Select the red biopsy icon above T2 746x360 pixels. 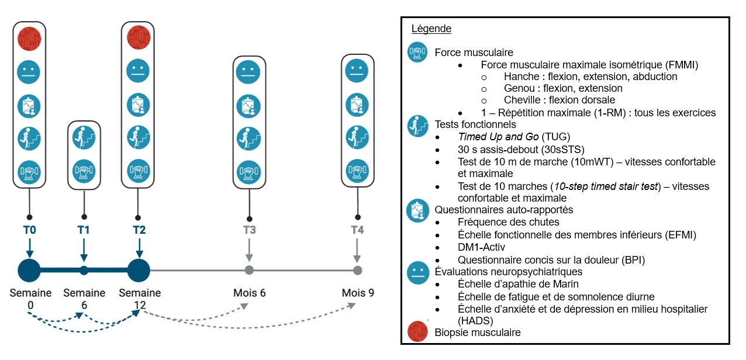[138, 38]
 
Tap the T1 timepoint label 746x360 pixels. [84, 230]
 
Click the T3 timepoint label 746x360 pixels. [249, 230]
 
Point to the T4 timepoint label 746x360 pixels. [357, 230]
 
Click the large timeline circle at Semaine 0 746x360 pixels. [29, 270]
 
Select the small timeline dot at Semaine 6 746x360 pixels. [84, 270]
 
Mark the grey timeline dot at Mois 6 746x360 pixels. [249, 270]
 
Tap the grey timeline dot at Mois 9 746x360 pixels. [357, 270]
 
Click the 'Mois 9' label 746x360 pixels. [358, 293]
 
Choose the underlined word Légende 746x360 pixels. [431, 29]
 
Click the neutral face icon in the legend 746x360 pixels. [418, 272]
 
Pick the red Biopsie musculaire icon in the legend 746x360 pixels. [418, 332]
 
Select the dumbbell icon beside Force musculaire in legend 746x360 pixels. [418, 52]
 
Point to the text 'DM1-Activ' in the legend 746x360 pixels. [481, 247]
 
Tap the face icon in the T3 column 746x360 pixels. [249, 72]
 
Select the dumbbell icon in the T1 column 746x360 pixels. [84, 172]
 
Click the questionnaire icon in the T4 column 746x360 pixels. [357, 105]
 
